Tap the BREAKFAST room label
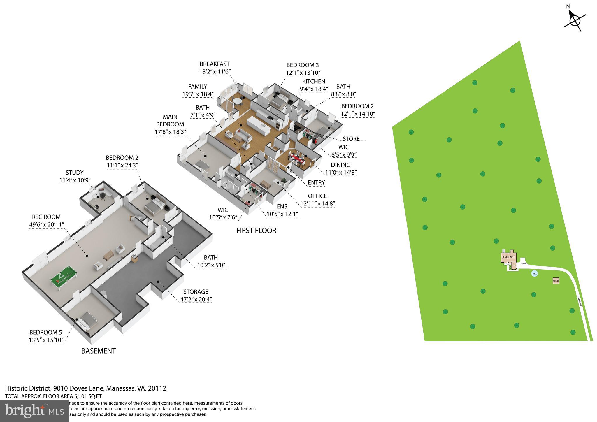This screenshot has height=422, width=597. [215, 64]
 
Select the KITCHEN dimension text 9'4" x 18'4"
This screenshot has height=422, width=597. [314, 89]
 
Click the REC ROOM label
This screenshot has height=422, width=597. [46, 217]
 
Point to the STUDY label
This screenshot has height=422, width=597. [75, 173]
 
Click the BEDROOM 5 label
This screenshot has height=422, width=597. [45, 332]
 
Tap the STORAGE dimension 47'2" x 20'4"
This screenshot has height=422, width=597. [196, 299]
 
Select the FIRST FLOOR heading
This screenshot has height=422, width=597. [256, 231]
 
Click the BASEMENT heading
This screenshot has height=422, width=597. [98, 351]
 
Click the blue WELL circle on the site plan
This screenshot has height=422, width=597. [534, 274]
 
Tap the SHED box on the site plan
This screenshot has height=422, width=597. [556, 281]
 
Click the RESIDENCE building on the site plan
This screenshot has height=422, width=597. [508, 257]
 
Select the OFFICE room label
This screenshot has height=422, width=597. [317, 196]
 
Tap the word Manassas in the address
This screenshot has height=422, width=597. [121, 388]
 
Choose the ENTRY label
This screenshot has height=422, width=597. [316, 183]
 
